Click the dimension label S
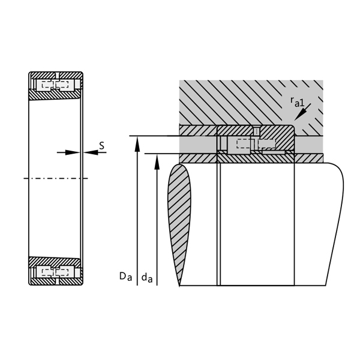(101, 145)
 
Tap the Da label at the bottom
(124, 277)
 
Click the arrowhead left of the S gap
(75, 152)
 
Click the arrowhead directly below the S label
(89, 152)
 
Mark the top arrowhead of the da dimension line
(157, 159)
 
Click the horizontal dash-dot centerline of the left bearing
(54, 178)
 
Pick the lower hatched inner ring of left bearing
(55, 262)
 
